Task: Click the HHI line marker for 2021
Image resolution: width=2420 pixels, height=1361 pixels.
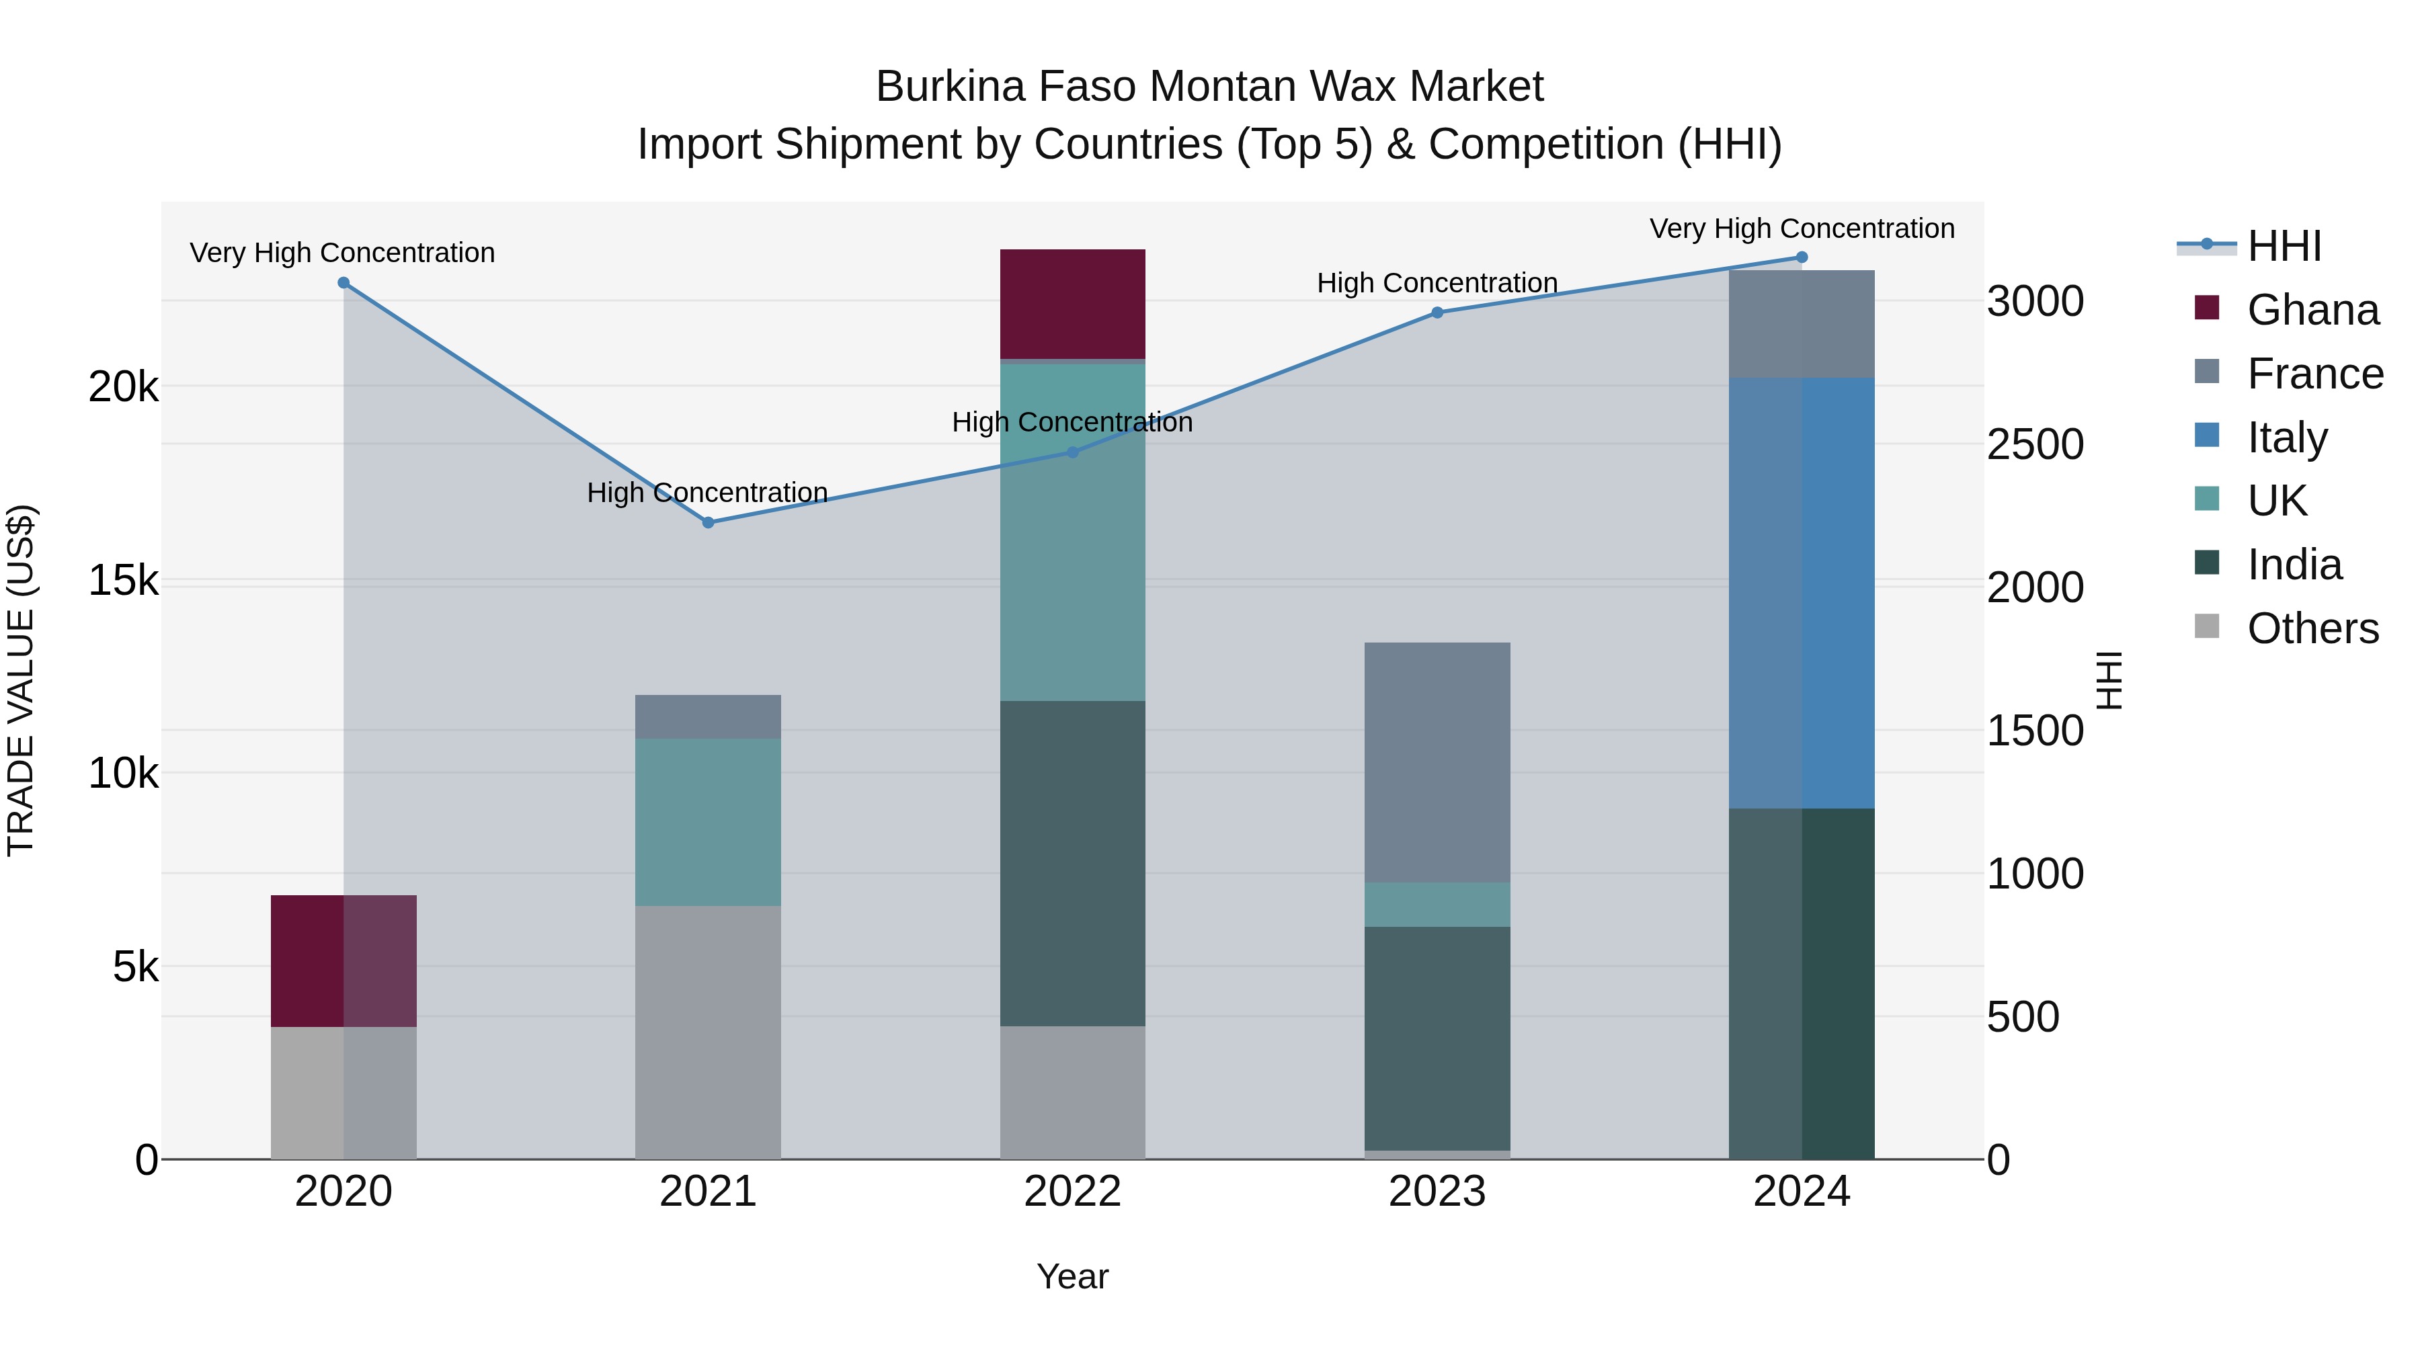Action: click(709, 522)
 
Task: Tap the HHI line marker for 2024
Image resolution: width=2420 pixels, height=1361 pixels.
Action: click(1801, 257)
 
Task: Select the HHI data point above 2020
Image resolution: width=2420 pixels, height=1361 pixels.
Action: click(344, 283)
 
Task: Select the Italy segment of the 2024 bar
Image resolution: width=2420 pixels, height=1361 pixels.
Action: click(1801, 593)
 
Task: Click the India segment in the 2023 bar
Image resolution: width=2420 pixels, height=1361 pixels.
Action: click(1437, 1038)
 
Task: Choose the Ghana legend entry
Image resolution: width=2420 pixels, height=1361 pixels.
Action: click(2312, 310)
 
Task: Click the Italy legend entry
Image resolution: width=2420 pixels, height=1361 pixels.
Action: click(2287, 438)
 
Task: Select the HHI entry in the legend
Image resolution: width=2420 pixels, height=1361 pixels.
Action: click(2284, 246)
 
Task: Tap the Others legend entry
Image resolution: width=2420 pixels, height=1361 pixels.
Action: click(2312, 628)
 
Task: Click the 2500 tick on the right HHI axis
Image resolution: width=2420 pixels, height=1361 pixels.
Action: click(2035, 444)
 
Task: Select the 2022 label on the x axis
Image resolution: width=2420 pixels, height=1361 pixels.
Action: click(1072, 1192)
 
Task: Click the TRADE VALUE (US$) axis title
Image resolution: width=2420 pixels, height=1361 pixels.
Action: click(21, 680)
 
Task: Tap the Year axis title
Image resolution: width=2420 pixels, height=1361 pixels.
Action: click(1072, 1276)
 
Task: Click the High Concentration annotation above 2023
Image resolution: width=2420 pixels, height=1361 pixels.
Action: click(1437, 283)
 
